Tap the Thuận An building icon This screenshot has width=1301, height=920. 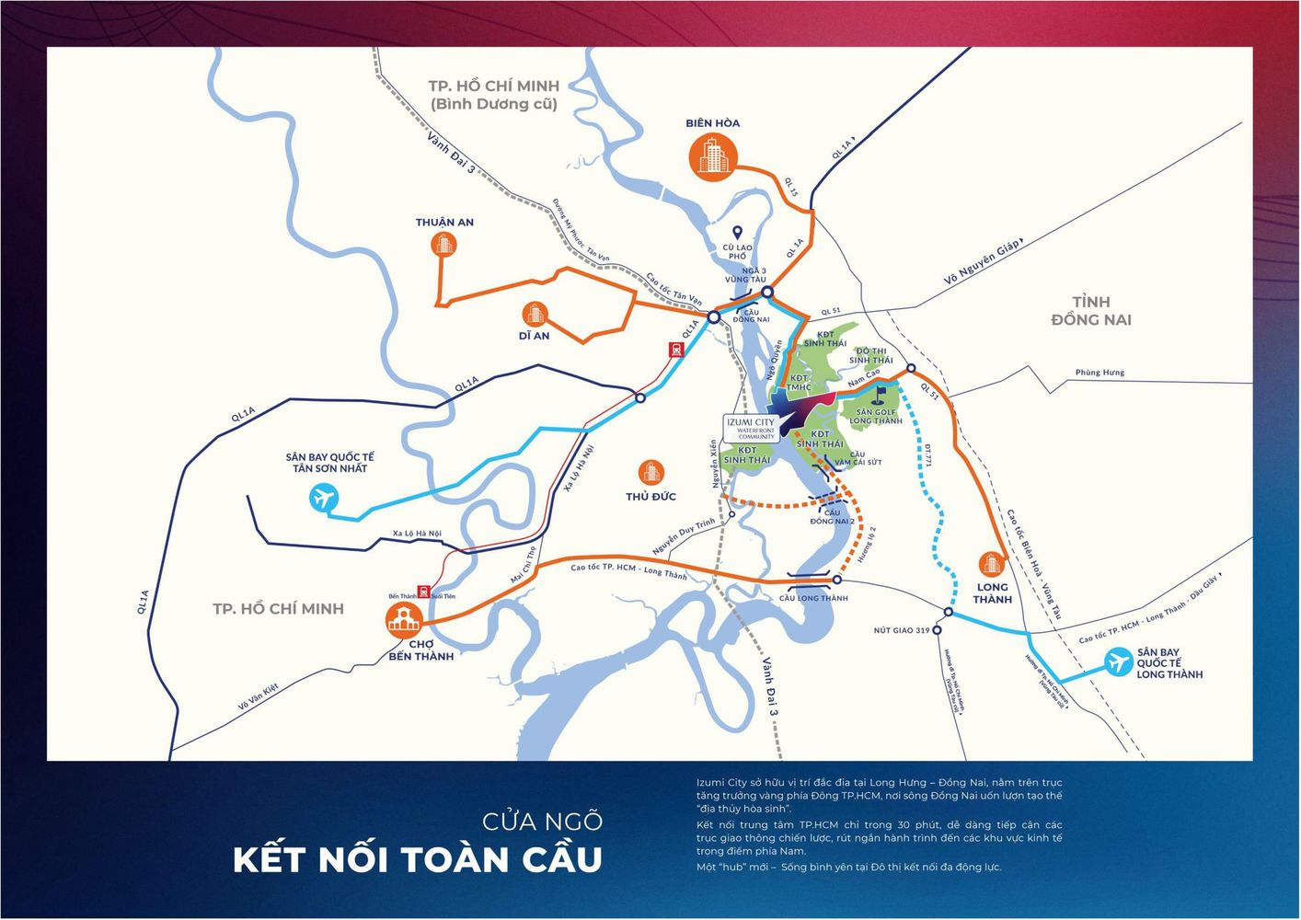coord(443,244)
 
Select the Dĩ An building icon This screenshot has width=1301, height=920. coord(534,314)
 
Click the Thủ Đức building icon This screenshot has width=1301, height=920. coord(650,473)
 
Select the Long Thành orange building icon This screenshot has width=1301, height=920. coord(991,563)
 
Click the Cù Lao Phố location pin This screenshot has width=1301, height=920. coord(736,233)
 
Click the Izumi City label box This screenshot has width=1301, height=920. coord(751,428)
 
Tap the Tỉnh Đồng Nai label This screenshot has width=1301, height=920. coord(1090,311)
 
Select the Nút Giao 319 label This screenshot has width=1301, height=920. coord(901,631)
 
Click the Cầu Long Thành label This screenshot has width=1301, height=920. coord(813,598)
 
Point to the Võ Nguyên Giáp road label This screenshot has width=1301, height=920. coord(982,263)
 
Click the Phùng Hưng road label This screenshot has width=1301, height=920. coord(1100,373)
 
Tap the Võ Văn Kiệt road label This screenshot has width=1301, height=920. coord(258,696)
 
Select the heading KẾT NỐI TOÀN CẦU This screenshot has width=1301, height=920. coord(418,860)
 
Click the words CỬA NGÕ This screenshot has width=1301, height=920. coord(542,821)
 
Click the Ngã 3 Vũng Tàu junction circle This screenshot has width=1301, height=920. coord(766,293)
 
